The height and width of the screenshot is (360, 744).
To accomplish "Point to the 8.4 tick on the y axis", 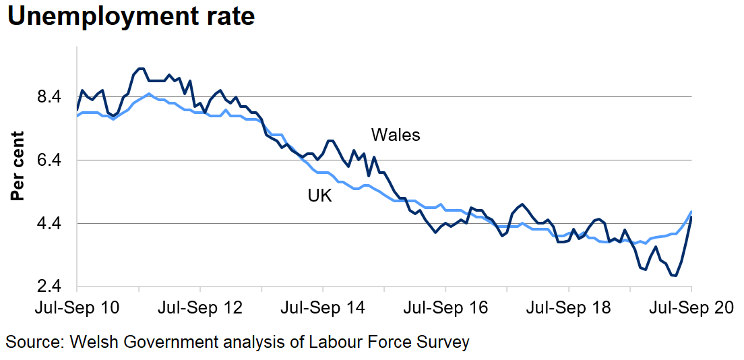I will click(x=53, y=96).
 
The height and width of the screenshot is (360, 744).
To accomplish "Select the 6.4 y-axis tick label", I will click(x=53, y=160).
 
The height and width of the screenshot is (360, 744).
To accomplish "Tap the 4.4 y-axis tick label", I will click(x=53, y=223).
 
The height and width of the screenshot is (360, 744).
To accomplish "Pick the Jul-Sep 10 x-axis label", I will click(x=77, y=308).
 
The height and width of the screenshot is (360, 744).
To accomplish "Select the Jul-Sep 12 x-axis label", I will click(x=200, y=308).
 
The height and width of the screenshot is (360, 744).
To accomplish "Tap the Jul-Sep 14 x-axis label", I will click(x=323, y=308).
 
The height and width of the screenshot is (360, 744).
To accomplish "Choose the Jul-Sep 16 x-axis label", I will click(x=445, y=308).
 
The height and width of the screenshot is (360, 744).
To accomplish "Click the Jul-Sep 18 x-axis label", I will click(x=568, y=308).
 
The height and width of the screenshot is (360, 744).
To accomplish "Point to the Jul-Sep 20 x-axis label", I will click(x=691, y=308).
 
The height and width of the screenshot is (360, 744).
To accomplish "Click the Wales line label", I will click(x=396, y=135).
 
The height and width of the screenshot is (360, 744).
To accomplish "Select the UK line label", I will click(x=320, y=196).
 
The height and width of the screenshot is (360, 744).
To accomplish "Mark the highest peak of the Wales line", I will click(x=140, y=68).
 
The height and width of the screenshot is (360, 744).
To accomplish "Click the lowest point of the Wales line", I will click(x=675, y=276).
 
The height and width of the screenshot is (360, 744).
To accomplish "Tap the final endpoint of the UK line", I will click(x=691, y=212).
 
